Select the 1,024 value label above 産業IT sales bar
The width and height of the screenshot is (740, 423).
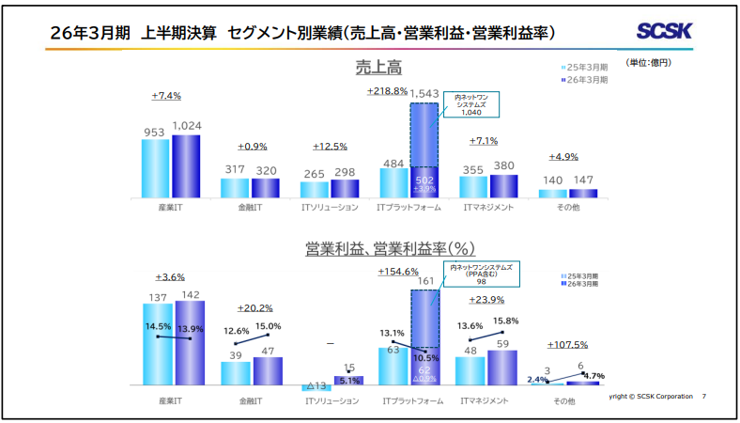[x=186, y=126]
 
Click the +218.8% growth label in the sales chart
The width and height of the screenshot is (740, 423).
[x=387, y=91]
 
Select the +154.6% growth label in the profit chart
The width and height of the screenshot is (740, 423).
[x=397, y=271]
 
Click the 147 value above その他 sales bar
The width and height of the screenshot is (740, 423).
[x=583, y=180]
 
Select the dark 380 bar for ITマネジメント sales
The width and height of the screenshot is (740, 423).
[x=504, y=185]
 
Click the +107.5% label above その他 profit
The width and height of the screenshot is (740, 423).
[x=567, y=344]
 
